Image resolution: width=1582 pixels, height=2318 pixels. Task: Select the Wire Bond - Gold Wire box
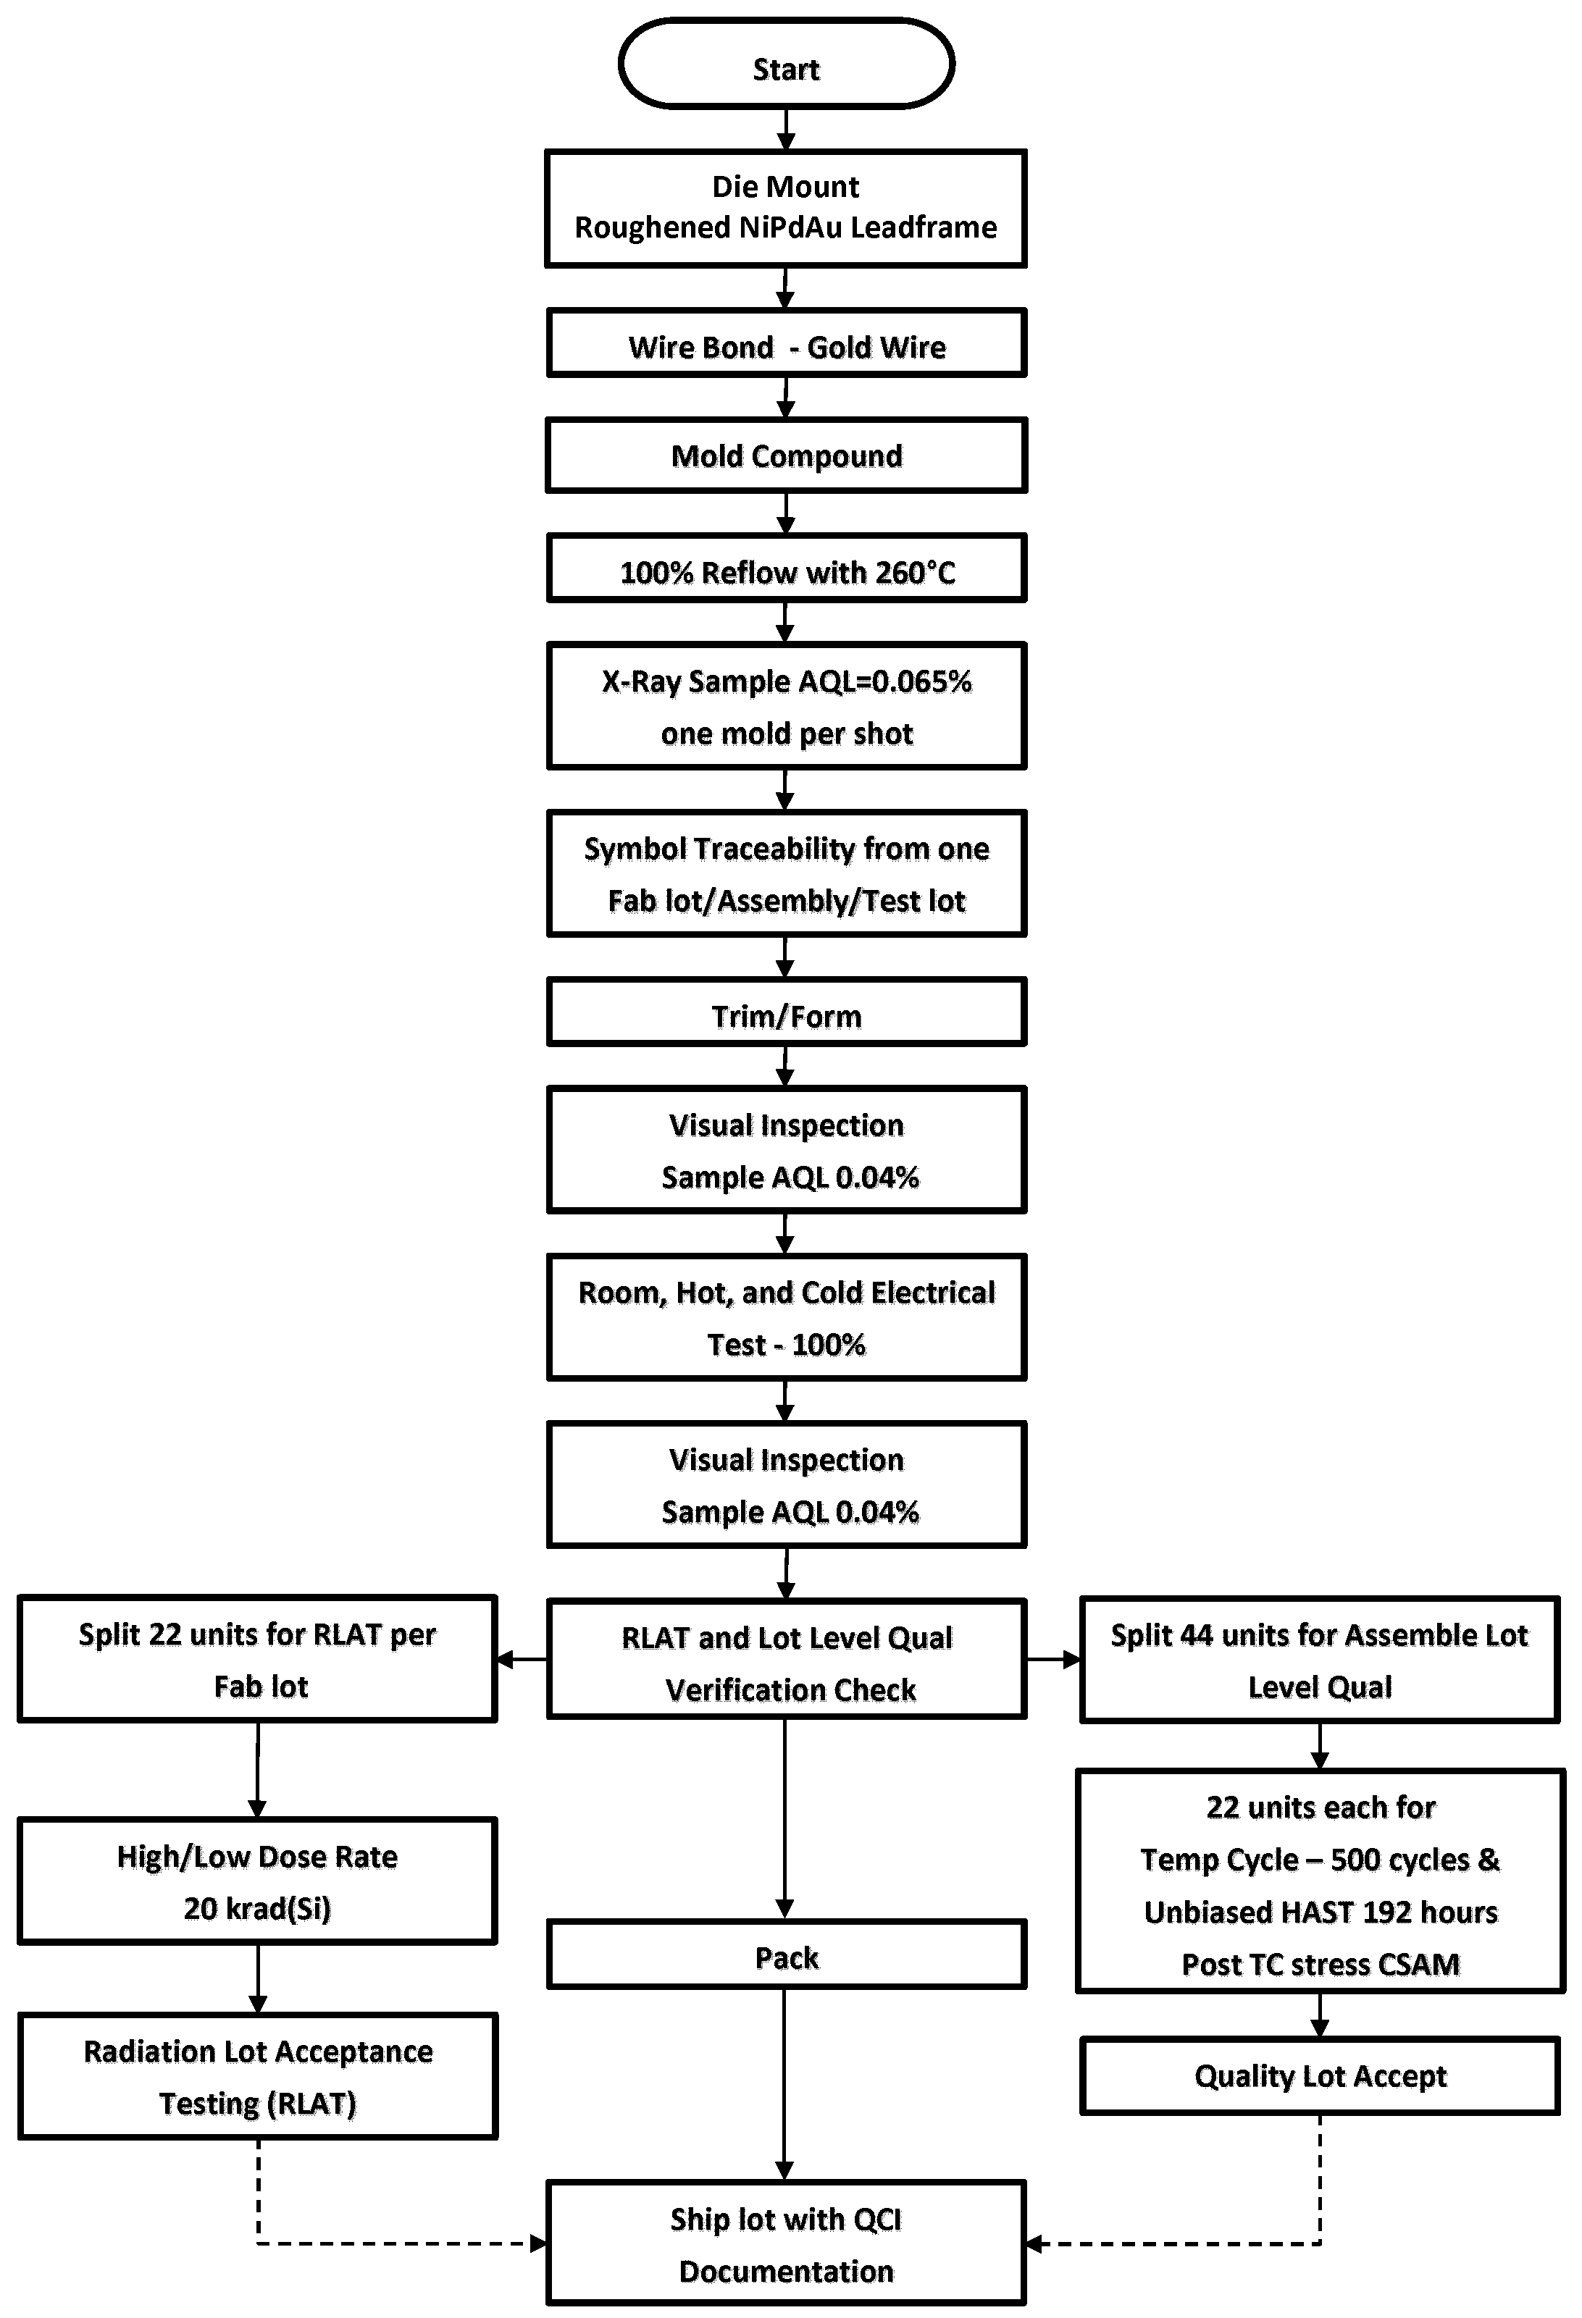point(786,344)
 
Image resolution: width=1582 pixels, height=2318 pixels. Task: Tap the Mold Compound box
point(786,455)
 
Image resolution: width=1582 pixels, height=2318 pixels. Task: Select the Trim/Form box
point(786,1013)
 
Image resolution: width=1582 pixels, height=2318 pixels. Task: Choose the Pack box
point(786,1956)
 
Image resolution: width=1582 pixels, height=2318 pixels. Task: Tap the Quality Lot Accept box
point(1320,2075)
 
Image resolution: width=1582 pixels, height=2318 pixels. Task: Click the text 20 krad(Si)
point(257,1908)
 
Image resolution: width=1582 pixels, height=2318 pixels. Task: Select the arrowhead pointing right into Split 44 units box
point(1071,1660)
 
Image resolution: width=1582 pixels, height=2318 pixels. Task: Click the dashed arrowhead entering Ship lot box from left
point(539,2244)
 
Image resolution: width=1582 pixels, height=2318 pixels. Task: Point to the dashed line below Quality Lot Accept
point(1320,2180)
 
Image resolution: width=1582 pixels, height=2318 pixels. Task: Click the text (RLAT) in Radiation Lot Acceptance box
point(310,2104)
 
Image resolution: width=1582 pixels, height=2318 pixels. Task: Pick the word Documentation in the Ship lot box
point(786,2271)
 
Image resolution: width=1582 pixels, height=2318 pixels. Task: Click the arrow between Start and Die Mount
point(786,130)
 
